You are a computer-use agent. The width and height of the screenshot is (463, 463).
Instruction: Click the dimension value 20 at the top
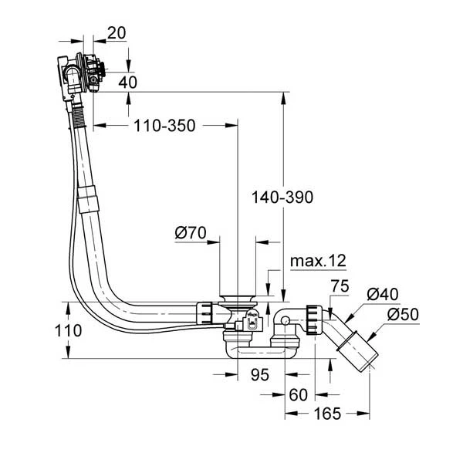tap(117, 33)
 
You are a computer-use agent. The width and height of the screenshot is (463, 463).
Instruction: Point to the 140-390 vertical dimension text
tap(282, 198)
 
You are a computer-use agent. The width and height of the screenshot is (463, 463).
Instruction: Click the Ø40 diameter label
tap(382, 293)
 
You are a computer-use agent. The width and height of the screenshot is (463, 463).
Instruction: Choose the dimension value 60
tap(298, 396)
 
